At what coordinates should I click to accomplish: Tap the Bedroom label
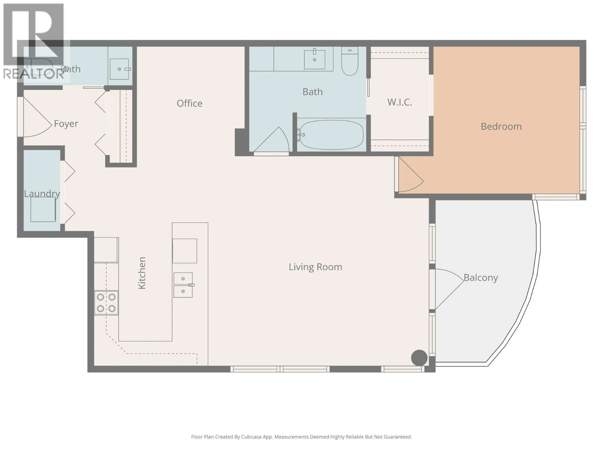pos(501,126)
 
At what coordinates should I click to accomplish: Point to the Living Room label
pos(315,267)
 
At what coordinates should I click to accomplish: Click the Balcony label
pos(481,278)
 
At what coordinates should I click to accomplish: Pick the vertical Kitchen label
pos(142,273)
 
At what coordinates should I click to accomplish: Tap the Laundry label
pos(42,194)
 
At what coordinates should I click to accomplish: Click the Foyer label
pos(66,124)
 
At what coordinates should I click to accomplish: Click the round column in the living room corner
pos(419,358)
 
